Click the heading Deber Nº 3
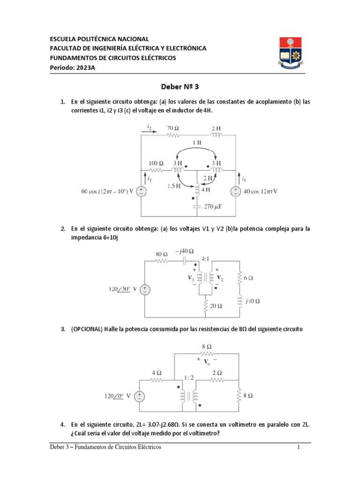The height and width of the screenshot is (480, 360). point(180,87)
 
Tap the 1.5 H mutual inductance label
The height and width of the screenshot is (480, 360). point(174,186)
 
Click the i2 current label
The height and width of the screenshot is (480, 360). point(149,127)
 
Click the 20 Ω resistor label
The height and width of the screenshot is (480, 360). point(216,306)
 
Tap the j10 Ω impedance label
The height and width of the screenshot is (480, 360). point(250,300)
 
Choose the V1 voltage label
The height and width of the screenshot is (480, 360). point(191,278)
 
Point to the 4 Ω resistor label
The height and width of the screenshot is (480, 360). point(156,373)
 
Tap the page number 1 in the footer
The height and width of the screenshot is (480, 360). point(298,447)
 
